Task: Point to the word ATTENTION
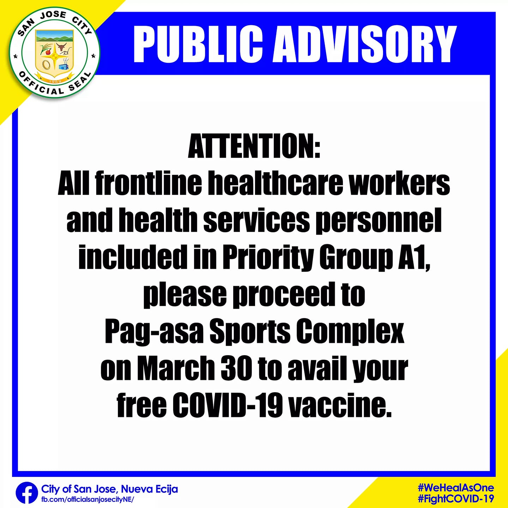254,145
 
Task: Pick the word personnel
379,220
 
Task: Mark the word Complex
350,332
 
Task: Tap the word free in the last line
141,405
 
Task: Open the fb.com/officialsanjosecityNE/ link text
88,499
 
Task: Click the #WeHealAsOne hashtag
456,488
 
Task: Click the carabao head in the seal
62,47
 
